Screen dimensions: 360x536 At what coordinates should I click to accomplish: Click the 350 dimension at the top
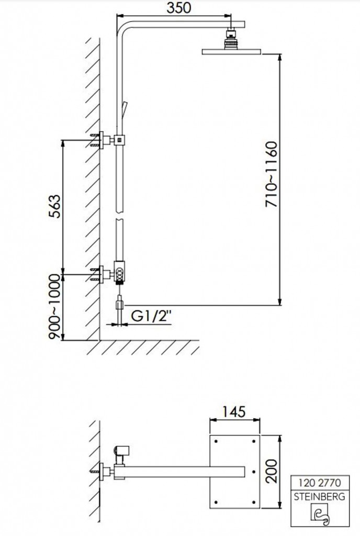(x=178, y=7)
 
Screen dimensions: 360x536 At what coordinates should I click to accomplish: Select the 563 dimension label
(x=54, y=206)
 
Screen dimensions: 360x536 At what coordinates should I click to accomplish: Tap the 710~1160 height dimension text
(x=272, y=174)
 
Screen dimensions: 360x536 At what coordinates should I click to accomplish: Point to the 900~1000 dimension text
(x=54, y=307)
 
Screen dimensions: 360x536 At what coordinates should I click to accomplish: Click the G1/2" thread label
(x=151, y=316)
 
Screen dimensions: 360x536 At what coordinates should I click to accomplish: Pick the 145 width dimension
(x=234, y=411)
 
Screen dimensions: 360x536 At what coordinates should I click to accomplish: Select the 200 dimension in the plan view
(x=272, y=471)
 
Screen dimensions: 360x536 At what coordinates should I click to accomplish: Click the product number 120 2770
(x=320, y=482)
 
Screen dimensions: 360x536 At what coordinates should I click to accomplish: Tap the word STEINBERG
(x=320, y=496)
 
